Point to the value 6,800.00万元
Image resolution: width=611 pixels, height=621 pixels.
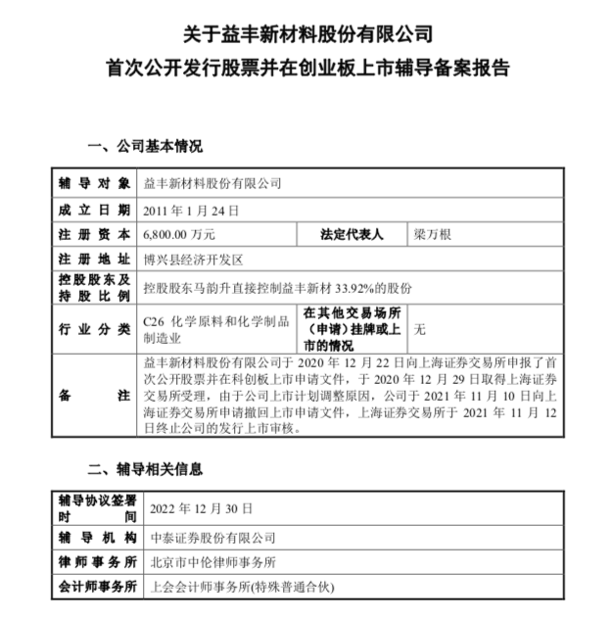(179, 235)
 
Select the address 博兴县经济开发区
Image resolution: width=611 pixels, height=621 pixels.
(192, 262)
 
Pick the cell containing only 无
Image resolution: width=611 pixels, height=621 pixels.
(421, 328)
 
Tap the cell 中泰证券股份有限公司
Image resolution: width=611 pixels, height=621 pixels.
(209, 537)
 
